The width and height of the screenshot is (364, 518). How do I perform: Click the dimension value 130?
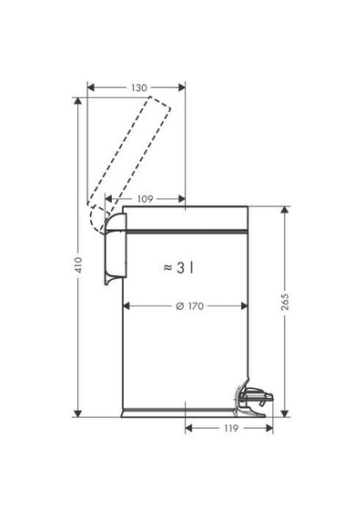138,88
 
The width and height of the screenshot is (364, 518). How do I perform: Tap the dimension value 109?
145,199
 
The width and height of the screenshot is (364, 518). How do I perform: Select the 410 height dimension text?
78,264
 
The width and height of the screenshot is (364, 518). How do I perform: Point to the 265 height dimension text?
285,302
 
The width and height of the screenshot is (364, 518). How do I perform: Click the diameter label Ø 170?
189,306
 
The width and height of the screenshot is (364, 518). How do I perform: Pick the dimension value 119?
230,428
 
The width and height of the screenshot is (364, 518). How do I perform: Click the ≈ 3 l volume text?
178,267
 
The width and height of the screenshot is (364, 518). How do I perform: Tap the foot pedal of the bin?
255,399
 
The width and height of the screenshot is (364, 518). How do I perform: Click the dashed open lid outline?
129,165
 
